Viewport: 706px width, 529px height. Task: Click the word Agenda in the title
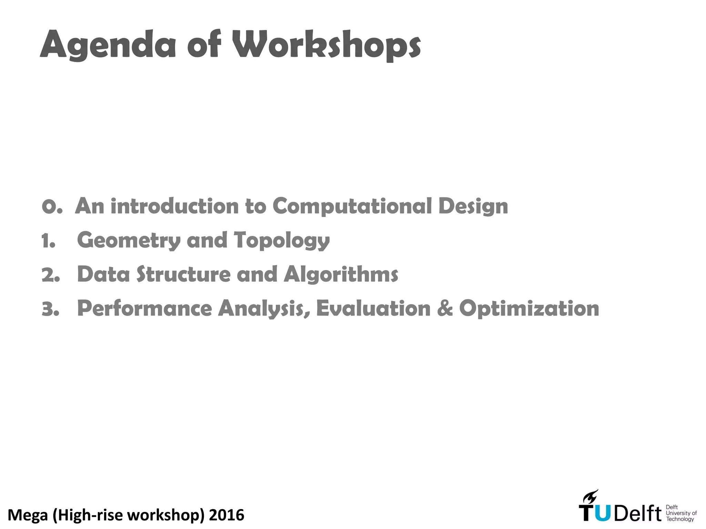[x=108, y=45]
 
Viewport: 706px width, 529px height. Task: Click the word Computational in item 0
[x=352, y=206]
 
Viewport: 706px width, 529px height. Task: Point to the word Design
[x=473, y=207]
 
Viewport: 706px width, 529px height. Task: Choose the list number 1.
[x=49, y=241]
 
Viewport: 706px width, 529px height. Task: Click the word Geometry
[x=129, y=240]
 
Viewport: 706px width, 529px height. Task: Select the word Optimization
[x=529, y=309]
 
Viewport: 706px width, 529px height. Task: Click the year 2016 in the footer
[x=226, y=515]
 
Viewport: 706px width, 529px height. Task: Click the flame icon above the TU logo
[x=590, y=497]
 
